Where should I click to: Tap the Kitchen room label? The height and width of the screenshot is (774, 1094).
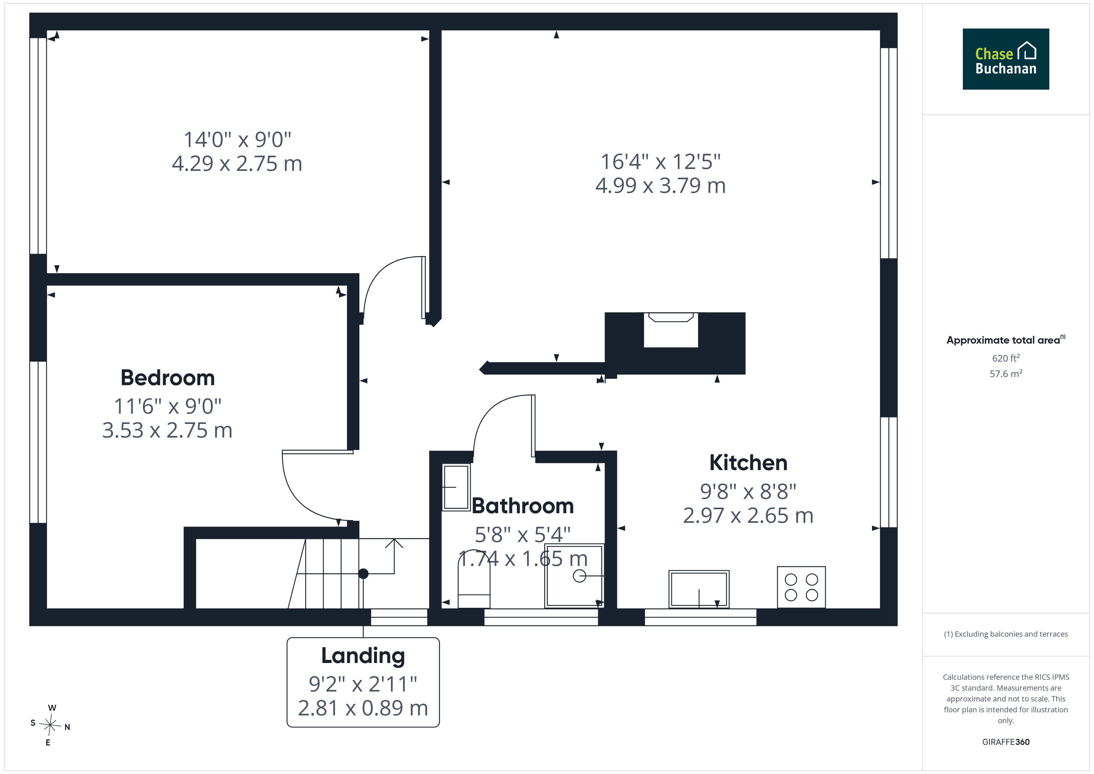coord(748,463)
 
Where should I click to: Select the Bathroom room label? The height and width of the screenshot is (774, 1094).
coord(523,506)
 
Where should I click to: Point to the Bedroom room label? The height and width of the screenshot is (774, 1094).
coord(168,378)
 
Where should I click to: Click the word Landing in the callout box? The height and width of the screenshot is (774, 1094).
coord(363,656)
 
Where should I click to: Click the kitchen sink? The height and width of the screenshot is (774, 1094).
coord(699,589)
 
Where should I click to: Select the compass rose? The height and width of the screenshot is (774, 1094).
coord(50,725)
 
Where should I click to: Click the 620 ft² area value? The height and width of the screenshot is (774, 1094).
coord(1006,358)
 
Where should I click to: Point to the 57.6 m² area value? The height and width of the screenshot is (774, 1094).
coord(1006,374)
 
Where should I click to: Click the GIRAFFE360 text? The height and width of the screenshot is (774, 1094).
coord(1006,742)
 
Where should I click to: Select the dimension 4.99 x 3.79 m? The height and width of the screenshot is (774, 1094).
coord(660,185)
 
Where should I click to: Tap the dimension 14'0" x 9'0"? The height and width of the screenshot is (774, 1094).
coord(237,140)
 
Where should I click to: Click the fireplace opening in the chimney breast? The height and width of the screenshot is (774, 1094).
coord(671,330)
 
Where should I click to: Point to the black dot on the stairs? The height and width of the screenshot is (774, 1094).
coord(363,574)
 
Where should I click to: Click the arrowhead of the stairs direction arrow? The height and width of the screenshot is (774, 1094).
coord(394,543)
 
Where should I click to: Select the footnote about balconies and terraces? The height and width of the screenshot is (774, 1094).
coord(1006,634)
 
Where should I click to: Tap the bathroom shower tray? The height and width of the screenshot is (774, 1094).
coord(575,576)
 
